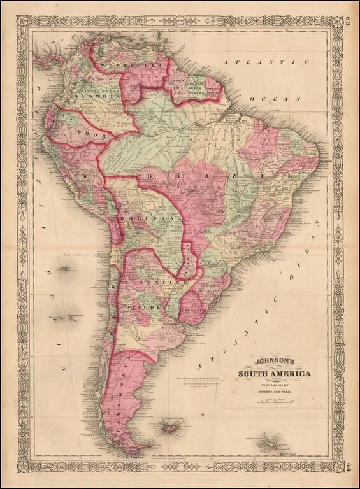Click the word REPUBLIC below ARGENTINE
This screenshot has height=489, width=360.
coord(148,307)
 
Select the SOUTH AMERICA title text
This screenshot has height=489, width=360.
coord(275,373)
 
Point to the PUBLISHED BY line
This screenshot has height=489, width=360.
coord(275,385)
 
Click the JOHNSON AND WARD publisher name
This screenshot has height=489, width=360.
coord(275,392)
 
